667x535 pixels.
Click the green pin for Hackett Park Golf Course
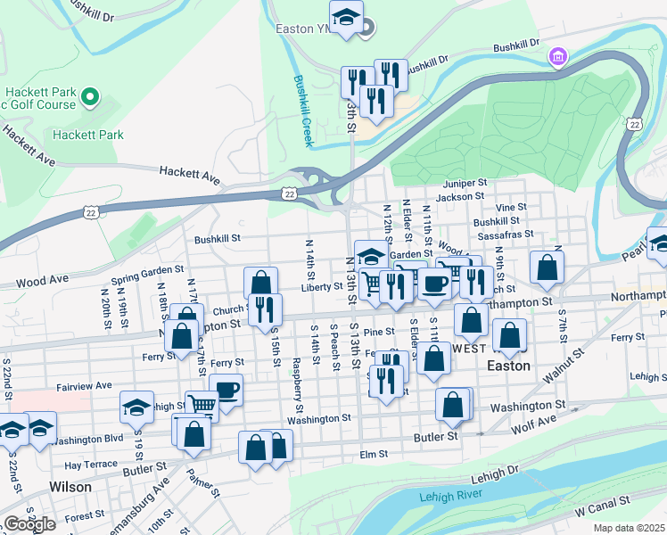89,95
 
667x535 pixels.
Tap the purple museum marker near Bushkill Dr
558,57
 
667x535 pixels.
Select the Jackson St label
460,195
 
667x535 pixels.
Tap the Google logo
29,523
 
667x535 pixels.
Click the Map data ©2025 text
629,528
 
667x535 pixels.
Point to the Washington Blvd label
86,440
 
